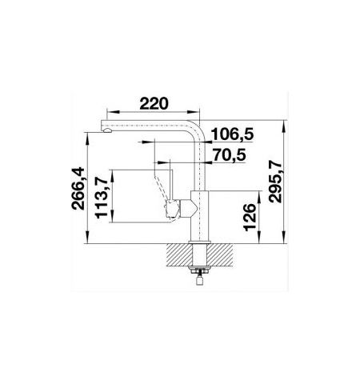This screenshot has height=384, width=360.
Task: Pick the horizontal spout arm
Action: [x=148, y=126]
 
